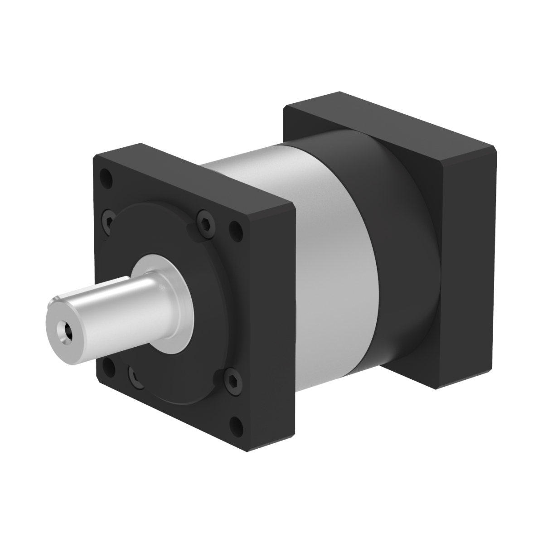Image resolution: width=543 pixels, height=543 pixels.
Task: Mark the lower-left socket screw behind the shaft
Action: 135,375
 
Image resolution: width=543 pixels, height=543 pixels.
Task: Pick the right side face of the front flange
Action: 272,331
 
